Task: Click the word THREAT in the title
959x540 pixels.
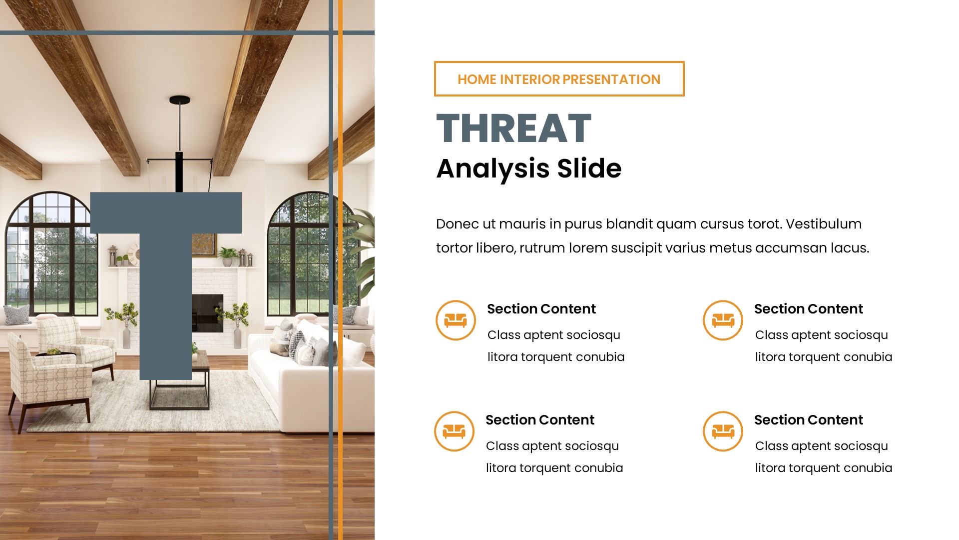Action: pos(513,128)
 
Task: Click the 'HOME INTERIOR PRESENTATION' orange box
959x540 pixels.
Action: pos(559,79)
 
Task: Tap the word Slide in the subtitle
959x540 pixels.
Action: pos(589,168)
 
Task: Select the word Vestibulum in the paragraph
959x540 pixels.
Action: pos(824,224)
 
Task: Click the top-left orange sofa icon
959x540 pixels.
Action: pos(456,320)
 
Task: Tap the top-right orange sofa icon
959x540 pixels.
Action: pos(723,320)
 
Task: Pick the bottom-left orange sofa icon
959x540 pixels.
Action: pos(454,431)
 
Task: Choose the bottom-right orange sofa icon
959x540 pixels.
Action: pos(723,431)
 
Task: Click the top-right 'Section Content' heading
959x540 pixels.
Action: pos(808,309)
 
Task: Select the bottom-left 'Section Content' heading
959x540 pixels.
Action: pos(539,420)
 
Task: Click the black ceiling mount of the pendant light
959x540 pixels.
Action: pos(179,100)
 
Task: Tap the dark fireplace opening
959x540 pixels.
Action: pos(208,312)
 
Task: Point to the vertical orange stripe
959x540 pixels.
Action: pos(341,270)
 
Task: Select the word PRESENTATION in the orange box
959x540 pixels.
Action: pos(611,79)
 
